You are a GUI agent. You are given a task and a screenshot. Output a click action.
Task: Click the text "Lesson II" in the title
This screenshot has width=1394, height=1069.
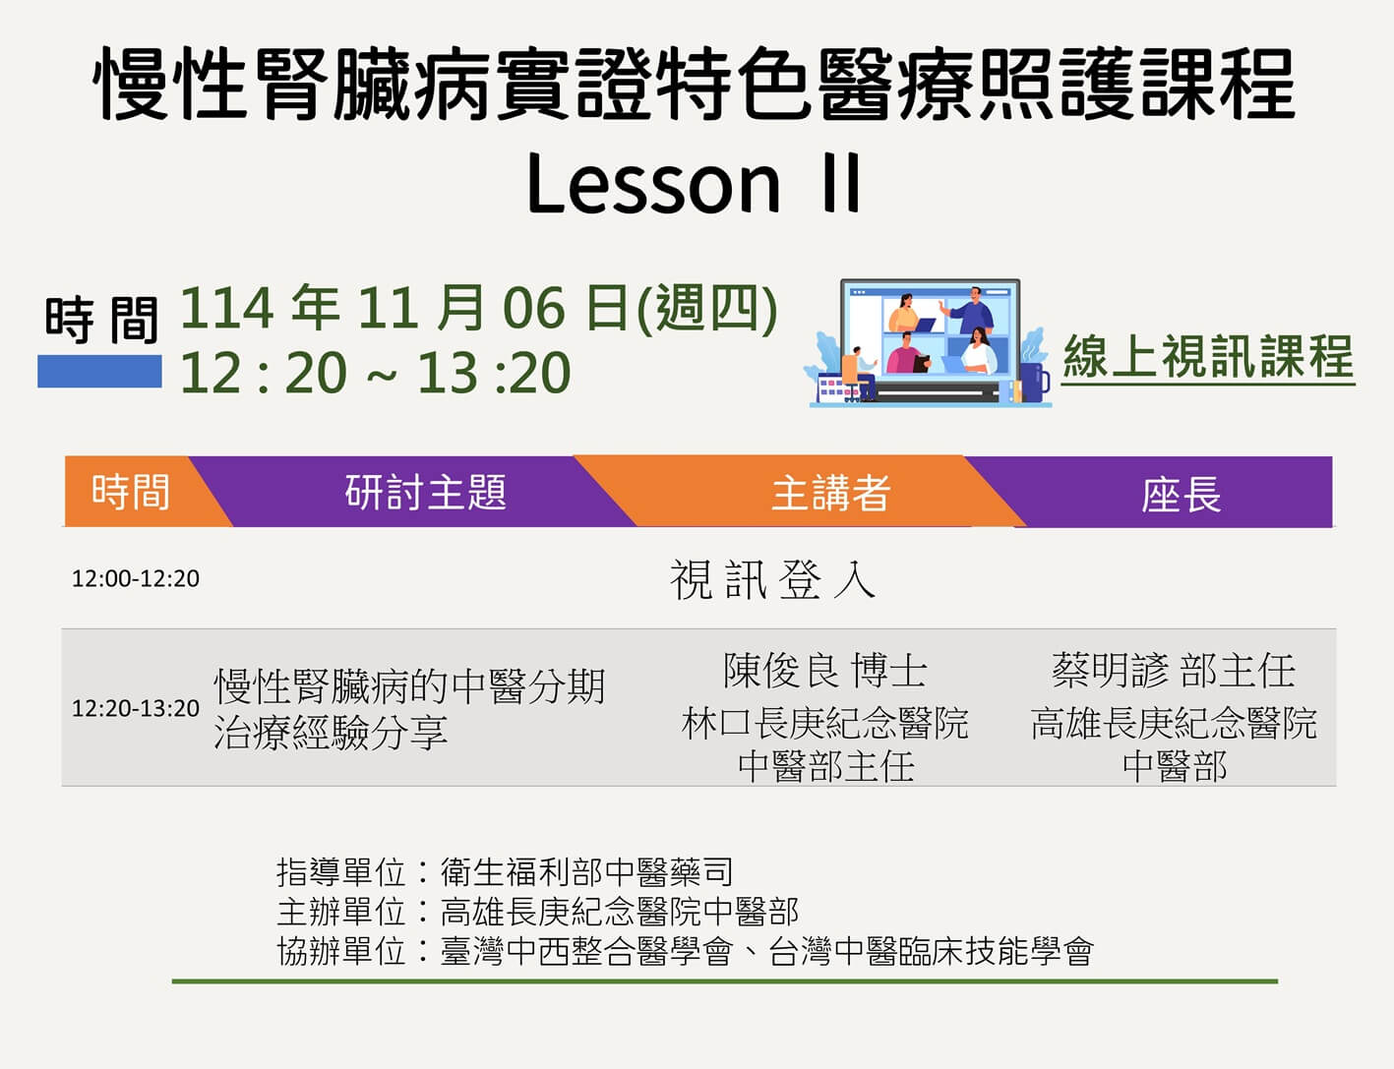click(694, 183)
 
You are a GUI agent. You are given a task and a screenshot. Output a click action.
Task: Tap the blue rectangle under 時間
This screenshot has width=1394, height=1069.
click(99, 372)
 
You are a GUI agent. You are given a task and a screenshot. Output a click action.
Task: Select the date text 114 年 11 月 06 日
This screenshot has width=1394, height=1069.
click(404, 309)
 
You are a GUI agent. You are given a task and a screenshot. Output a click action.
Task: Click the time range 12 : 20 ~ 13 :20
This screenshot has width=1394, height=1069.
click(375, 373)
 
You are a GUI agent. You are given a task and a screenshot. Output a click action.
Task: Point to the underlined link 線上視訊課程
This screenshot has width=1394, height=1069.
click(1208, 357)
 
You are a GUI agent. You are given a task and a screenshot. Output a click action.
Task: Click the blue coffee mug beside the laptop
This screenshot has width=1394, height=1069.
click(1034, 382)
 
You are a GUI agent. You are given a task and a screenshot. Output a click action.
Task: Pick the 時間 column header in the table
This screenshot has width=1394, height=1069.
click(130, 492)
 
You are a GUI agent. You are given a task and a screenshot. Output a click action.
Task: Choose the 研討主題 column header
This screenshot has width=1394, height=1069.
click(425, 492)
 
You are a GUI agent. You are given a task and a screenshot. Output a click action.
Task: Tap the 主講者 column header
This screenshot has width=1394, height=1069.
click(830, 493)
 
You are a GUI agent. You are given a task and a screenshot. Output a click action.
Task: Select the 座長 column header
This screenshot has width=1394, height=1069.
click(1182, 495)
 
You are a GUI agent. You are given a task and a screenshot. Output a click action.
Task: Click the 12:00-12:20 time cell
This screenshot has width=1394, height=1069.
click(136, 578)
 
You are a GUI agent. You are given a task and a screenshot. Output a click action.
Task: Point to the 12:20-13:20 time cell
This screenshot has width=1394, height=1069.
click(136, 708)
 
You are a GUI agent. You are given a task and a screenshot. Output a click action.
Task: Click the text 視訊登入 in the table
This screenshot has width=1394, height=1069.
click(773, 579)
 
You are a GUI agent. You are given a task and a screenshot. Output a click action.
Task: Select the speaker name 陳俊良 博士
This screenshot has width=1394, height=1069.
click(825, 671)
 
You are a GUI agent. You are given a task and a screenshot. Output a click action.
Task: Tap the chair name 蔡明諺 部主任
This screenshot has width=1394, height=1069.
click(1174, 671)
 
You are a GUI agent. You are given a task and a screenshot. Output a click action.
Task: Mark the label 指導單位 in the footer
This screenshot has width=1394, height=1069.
click(340, 872)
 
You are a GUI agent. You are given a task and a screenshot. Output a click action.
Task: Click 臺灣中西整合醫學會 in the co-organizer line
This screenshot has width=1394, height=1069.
click(586, 951)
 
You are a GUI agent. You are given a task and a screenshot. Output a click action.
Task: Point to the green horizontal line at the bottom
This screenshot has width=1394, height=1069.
click(725, 981)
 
